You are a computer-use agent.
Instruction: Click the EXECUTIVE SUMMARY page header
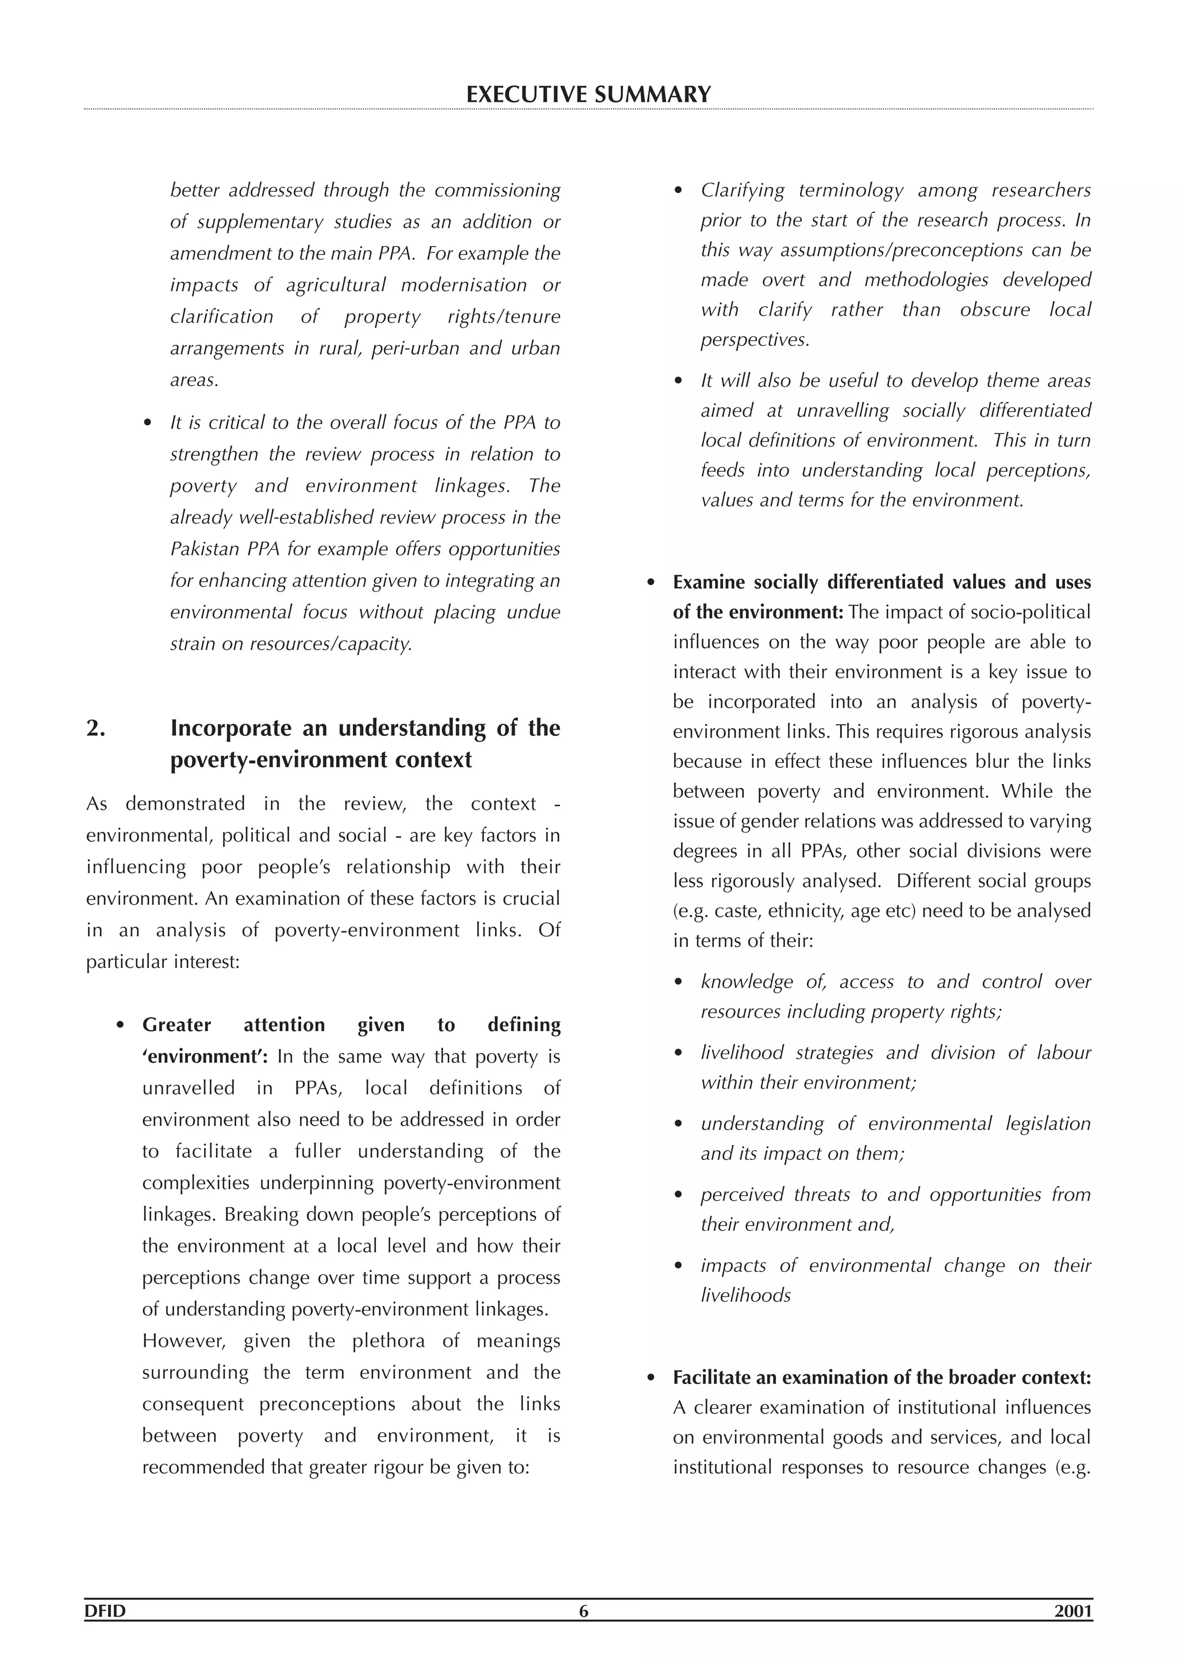[x=588, y=95]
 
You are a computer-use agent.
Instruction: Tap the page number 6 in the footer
[x=584, y=1631]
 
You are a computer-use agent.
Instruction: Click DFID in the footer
[x=105, y=1631]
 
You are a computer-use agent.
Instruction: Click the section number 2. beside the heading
[x=97, y=728]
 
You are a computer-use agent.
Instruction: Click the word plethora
[x=389, y=1341]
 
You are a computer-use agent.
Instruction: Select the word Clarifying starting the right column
[x=742, y=191]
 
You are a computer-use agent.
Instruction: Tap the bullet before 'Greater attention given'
[x=120, y=1025]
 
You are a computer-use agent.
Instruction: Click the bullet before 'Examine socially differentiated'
[x=651, y=583]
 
